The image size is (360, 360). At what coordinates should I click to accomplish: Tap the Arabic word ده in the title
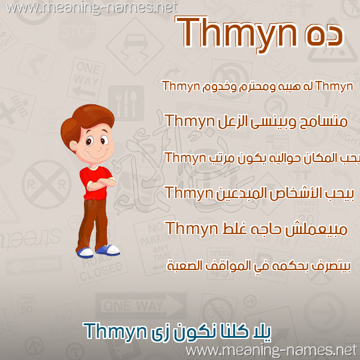tap(324, 37)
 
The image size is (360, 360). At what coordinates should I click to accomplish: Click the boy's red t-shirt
tap(96, 183)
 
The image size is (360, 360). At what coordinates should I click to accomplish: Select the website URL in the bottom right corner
tap(271, 351)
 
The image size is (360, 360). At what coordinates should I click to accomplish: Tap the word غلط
tap(235, 229)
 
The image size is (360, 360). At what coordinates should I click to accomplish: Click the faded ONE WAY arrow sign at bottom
tap(141, 306)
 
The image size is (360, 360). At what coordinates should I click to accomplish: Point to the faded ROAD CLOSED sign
tap(100, 268)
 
